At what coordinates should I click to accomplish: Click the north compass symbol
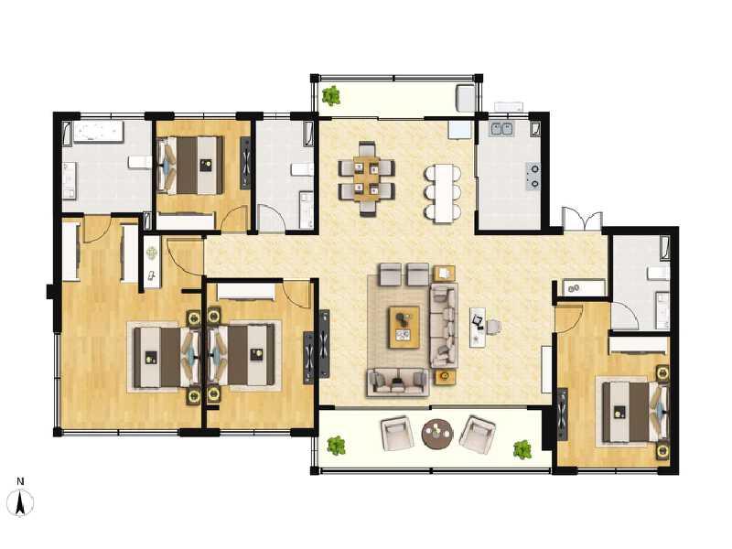[20, 503]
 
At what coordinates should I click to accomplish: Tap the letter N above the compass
[20, 481]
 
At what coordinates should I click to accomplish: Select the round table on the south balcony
[437, 434]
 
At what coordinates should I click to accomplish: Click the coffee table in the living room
[404, 328]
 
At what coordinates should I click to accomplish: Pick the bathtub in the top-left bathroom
[97, 133]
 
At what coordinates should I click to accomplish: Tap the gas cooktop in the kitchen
[533, 176]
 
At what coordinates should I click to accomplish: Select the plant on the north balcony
[331, 96]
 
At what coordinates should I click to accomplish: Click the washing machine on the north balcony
[465, 98]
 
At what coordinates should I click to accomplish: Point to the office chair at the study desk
[493, 327]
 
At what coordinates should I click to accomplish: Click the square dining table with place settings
[367, 179]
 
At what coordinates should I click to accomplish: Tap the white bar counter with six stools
[444, 193]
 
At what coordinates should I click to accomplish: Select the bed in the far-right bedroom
[633, 412]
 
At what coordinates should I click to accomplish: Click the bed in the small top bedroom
[190, 166]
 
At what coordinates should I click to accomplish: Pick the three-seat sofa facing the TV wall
[443, 326]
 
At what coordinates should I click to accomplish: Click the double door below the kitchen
[582, 219]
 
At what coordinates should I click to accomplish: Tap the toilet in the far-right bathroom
[659, 273]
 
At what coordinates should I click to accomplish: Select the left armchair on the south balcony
[397, 434]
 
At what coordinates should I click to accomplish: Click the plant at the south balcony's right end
[522, 449]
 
